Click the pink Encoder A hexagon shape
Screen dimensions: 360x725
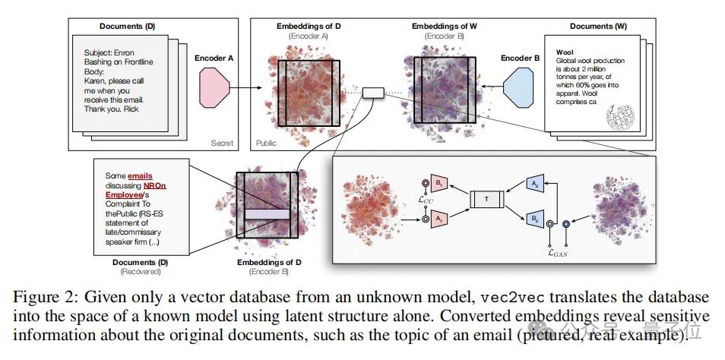point(214,86)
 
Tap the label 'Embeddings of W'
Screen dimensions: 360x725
point(445,27)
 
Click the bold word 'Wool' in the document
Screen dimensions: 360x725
point(565,52)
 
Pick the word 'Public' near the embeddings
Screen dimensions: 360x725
point(265,142)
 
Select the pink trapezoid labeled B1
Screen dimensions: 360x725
point(439,182)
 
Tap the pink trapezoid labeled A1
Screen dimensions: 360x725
point(439,216)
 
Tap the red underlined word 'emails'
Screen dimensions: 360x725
point(140,175)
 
